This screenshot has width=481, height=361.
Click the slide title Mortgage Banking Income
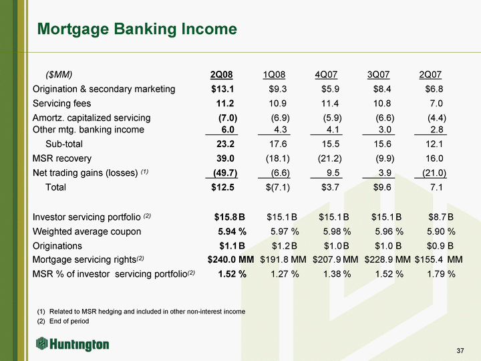(137, 29)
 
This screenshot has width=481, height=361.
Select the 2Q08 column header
(222, 74)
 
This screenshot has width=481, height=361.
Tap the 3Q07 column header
(379, 74)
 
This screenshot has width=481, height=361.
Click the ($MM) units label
(58, 74)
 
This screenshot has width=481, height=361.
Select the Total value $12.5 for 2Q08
(222, 187)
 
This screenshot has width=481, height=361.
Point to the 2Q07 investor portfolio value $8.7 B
(441, 217)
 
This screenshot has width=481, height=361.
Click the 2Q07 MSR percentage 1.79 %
(441, 273)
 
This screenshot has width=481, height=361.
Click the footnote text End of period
(69, 322)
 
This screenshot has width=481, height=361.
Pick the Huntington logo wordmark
(73, 344)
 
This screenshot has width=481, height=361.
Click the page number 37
(460, 352)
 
